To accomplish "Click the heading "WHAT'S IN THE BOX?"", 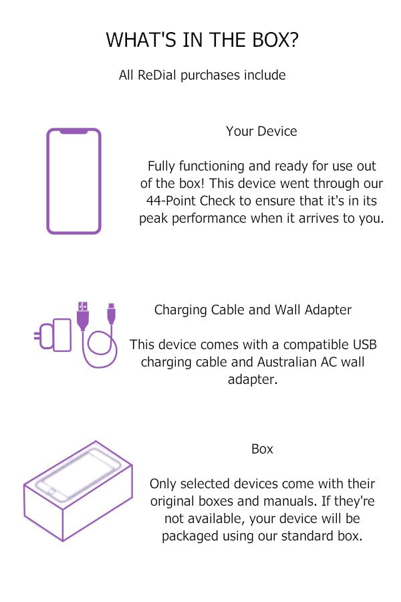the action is [203, 39].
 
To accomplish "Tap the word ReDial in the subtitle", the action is [156, 75].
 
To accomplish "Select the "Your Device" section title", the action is [261, 131].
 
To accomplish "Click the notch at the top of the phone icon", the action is [74, 131].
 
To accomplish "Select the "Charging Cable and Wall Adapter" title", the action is [253, 310].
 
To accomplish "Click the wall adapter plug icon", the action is [53, 335].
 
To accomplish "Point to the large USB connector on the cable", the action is [82, 316].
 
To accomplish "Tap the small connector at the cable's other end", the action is [111, 314].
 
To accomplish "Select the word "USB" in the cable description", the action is [364, 344].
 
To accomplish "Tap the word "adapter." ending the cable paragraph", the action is [253, 380].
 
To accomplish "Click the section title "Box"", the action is [262, 449].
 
